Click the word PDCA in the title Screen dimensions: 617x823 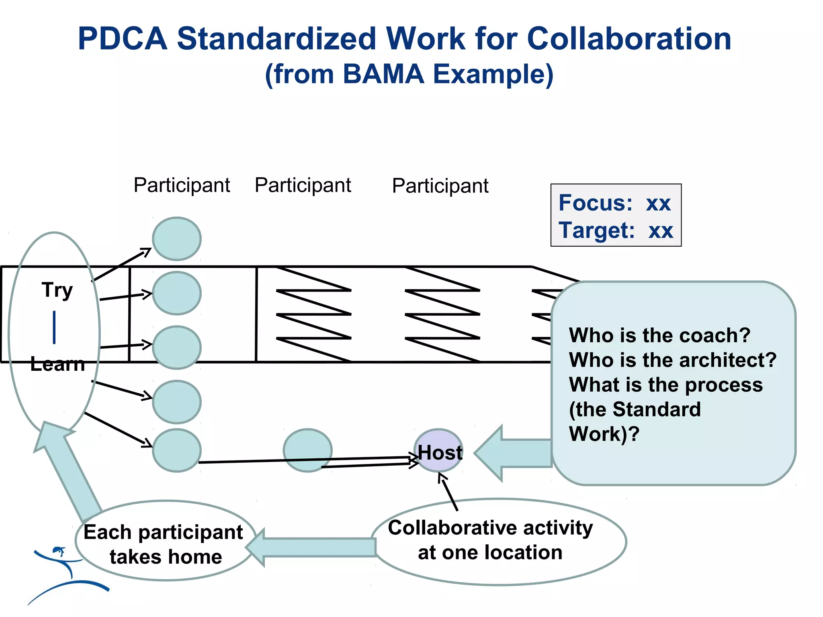[x=122, y=39]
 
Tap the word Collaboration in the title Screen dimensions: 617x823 [x=629, y=39]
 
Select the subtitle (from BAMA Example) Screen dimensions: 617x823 [x=409, y=74]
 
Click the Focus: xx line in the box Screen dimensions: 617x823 [x=614, y=203]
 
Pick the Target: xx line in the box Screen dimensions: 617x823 [x=616, y=231]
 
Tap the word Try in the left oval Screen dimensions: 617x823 [x=57, y=290]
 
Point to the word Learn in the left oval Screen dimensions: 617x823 [x=57, y=364]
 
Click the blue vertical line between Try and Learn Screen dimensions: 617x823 [x=54, y=327]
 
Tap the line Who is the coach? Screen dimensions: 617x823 [x=659, y=335]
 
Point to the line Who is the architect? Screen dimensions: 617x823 [x=672, y=360]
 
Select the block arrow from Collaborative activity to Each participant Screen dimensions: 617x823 [x=313, y=547]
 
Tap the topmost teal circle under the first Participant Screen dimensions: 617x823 [x=177, y=239]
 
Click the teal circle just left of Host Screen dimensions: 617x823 [x=307, y=450]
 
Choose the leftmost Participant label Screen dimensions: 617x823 [x=182, y=185]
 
